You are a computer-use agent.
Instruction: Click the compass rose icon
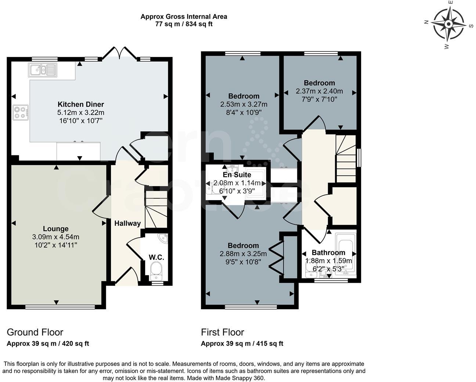point(448,24)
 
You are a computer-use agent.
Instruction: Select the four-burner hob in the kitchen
point(21,112)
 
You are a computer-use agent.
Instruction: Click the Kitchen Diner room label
point(81,104)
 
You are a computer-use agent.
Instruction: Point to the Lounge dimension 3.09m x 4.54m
point(56,237)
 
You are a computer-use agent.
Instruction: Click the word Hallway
point(127,223)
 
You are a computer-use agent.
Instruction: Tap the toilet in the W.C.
point(157,269)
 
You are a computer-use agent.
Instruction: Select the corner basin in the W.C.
point(162,239)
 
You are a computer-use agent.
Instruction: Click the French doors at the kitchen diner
point(120,53)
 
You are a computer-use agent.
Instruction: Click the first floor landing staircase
point(346,159)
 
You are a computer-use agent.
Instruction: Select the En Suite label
point(237,175)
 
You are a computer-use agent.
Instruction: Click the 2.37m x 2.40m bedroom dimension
point(319,91)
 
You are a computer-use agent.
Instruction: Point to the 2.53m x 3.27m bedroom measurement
point(244,104)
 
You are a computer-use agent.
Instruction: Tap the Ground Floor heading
point(35,332)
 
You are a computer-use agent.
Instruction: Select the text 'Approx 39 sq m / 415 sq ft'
point(242,344)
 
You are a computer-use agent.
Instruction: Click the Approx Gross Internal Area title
point(184,17)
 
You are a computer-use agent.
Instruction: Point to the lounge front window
point(60,307)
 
